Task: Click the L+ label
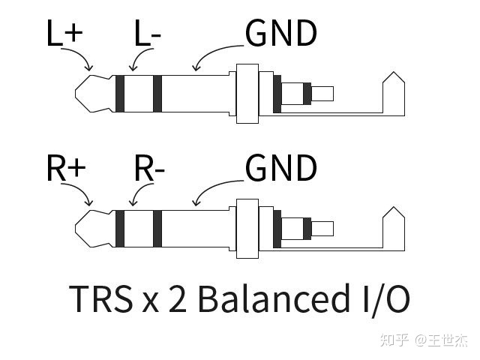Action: coord(64,34)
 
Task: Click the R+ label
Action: coord(66,169)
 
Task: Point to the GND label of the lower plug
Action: coord(281,168)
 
